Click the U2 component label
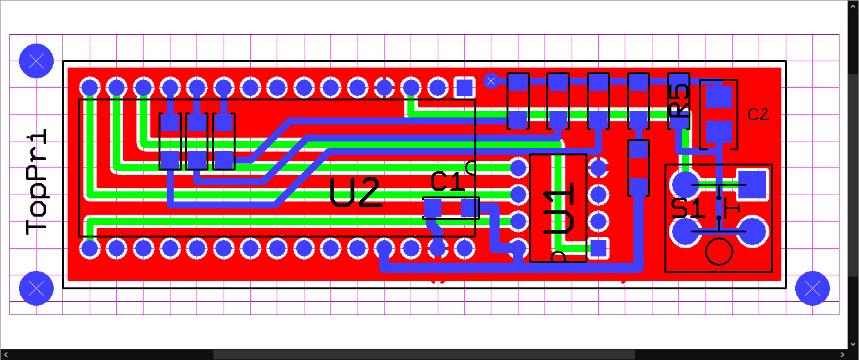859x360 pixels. [x=356, y=193]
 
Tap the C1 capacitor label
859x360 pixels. [x=448, y=182]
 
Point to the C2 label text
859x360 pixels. [x=758, y=114]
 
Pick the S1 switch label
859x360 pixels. [x=688, y=208]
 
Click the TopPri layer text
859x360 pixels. [x=37, y=182]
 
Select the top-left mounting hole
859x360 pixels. [x=36, y=61]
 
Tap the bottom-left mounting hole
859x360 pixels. [x=36, y=288]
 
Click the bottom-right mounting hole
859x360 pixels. [x=812, y=288]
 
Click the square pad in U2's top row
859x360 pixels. [x=465, y=87]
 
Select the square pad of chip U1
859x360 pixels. [x=598, y=248]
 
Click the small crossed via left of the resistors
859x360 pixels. [x=491, y=80]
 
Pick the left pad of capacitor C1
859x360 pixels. [x=433, y=208]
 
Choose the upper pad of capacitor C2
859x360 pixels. [x=718, y=97]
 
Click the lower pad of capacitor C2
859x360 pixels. [x=718, y=133]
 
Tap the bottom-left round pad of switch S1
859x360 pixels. [x=685, y=232]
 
